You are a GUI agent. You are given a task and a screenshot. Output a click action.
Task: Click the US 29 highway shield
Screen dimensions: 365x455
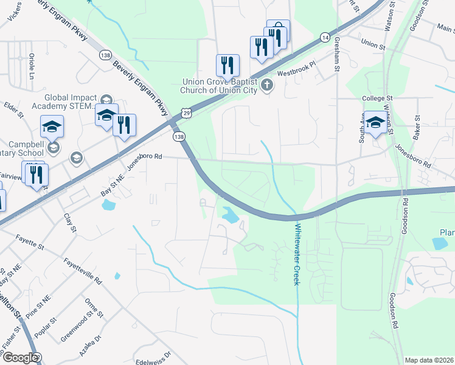(186, 113)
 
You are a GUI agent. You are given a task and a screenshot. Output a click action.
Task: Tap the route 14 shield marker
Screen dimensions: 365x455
(325, 38)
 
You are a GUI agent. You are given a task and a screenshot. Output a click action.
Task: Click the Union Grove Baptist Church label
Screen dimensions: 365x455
(218, 86)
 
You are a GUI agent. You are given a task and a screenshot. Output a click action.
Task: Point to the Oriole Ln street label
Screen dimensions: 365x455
(31, 66)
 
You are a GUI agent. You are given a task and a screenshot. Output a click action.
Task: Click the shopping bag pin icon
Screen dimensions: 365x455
(278, 30)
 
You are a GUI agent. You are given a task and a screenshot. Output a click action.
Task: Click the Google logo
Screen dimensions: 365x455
(20, 358)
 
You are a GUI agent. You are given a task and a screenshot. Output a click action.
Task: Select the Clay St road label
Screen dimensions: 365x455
(69, 223)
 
